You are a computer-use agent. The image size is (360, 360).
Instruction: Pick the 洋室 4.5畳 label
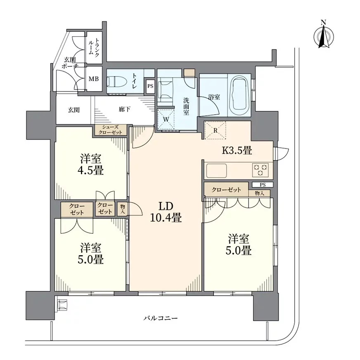92,164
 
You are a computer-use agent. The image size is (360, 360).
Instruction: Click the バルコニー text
161,318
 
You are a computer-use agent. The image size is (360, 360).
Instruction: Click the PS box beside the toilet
150,86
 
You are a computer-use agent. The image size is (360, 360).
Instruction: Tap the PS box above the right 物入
263,185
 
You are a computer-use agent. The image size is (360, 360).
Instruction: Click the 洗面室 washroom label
186,106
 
